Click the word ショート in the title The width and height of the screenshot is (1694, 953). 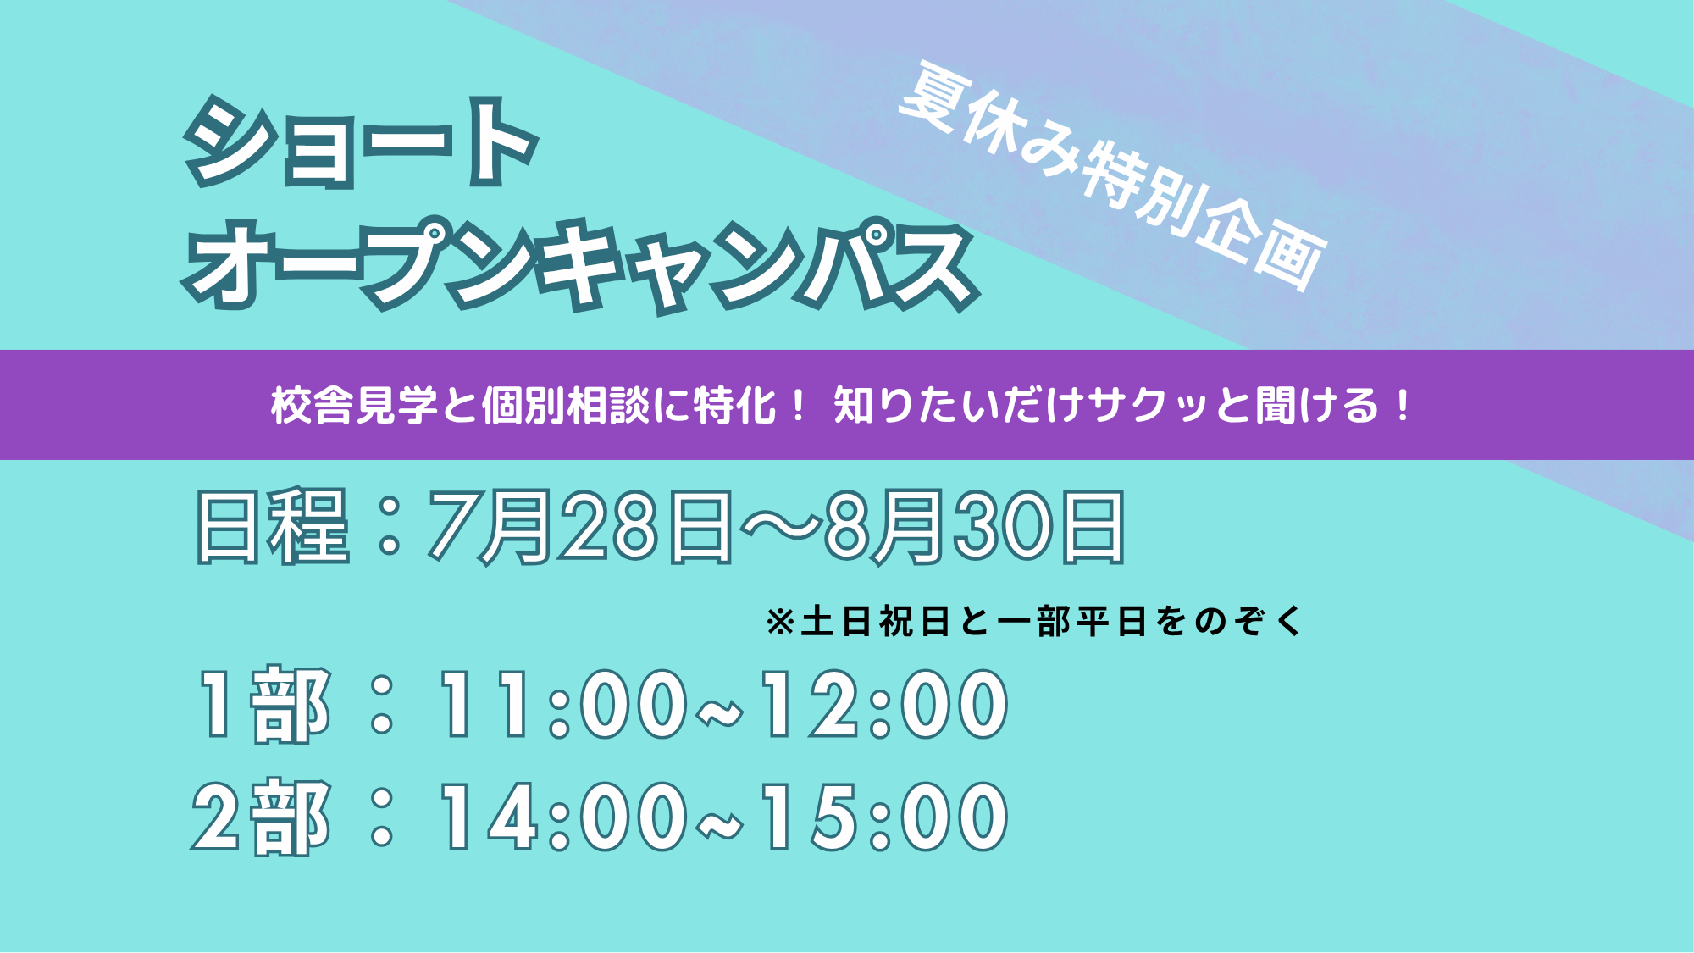(361, 141)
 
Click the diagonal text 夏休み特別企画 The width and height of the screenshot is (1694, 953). (1112, 176)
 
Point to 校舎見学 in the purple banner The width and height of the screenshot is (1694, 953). (354, 405)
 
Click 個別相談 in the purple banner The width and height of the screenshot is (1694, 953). (565, 405)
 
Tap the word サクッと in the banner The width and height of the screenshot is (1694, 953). (1171, 405)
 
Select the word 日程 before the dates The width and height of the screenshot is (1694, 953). (272, 526)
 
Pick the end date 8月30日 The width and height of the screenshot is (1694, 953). (975, 527)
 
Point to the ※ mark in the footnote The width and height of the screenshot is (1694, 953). (779, 622)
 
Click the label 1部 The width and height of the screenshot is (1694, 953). (263, 704)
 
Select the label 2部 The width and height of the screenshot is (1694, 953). (261, 817)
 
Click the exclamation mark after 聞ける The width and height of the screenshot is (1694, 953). (1403, 405)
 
